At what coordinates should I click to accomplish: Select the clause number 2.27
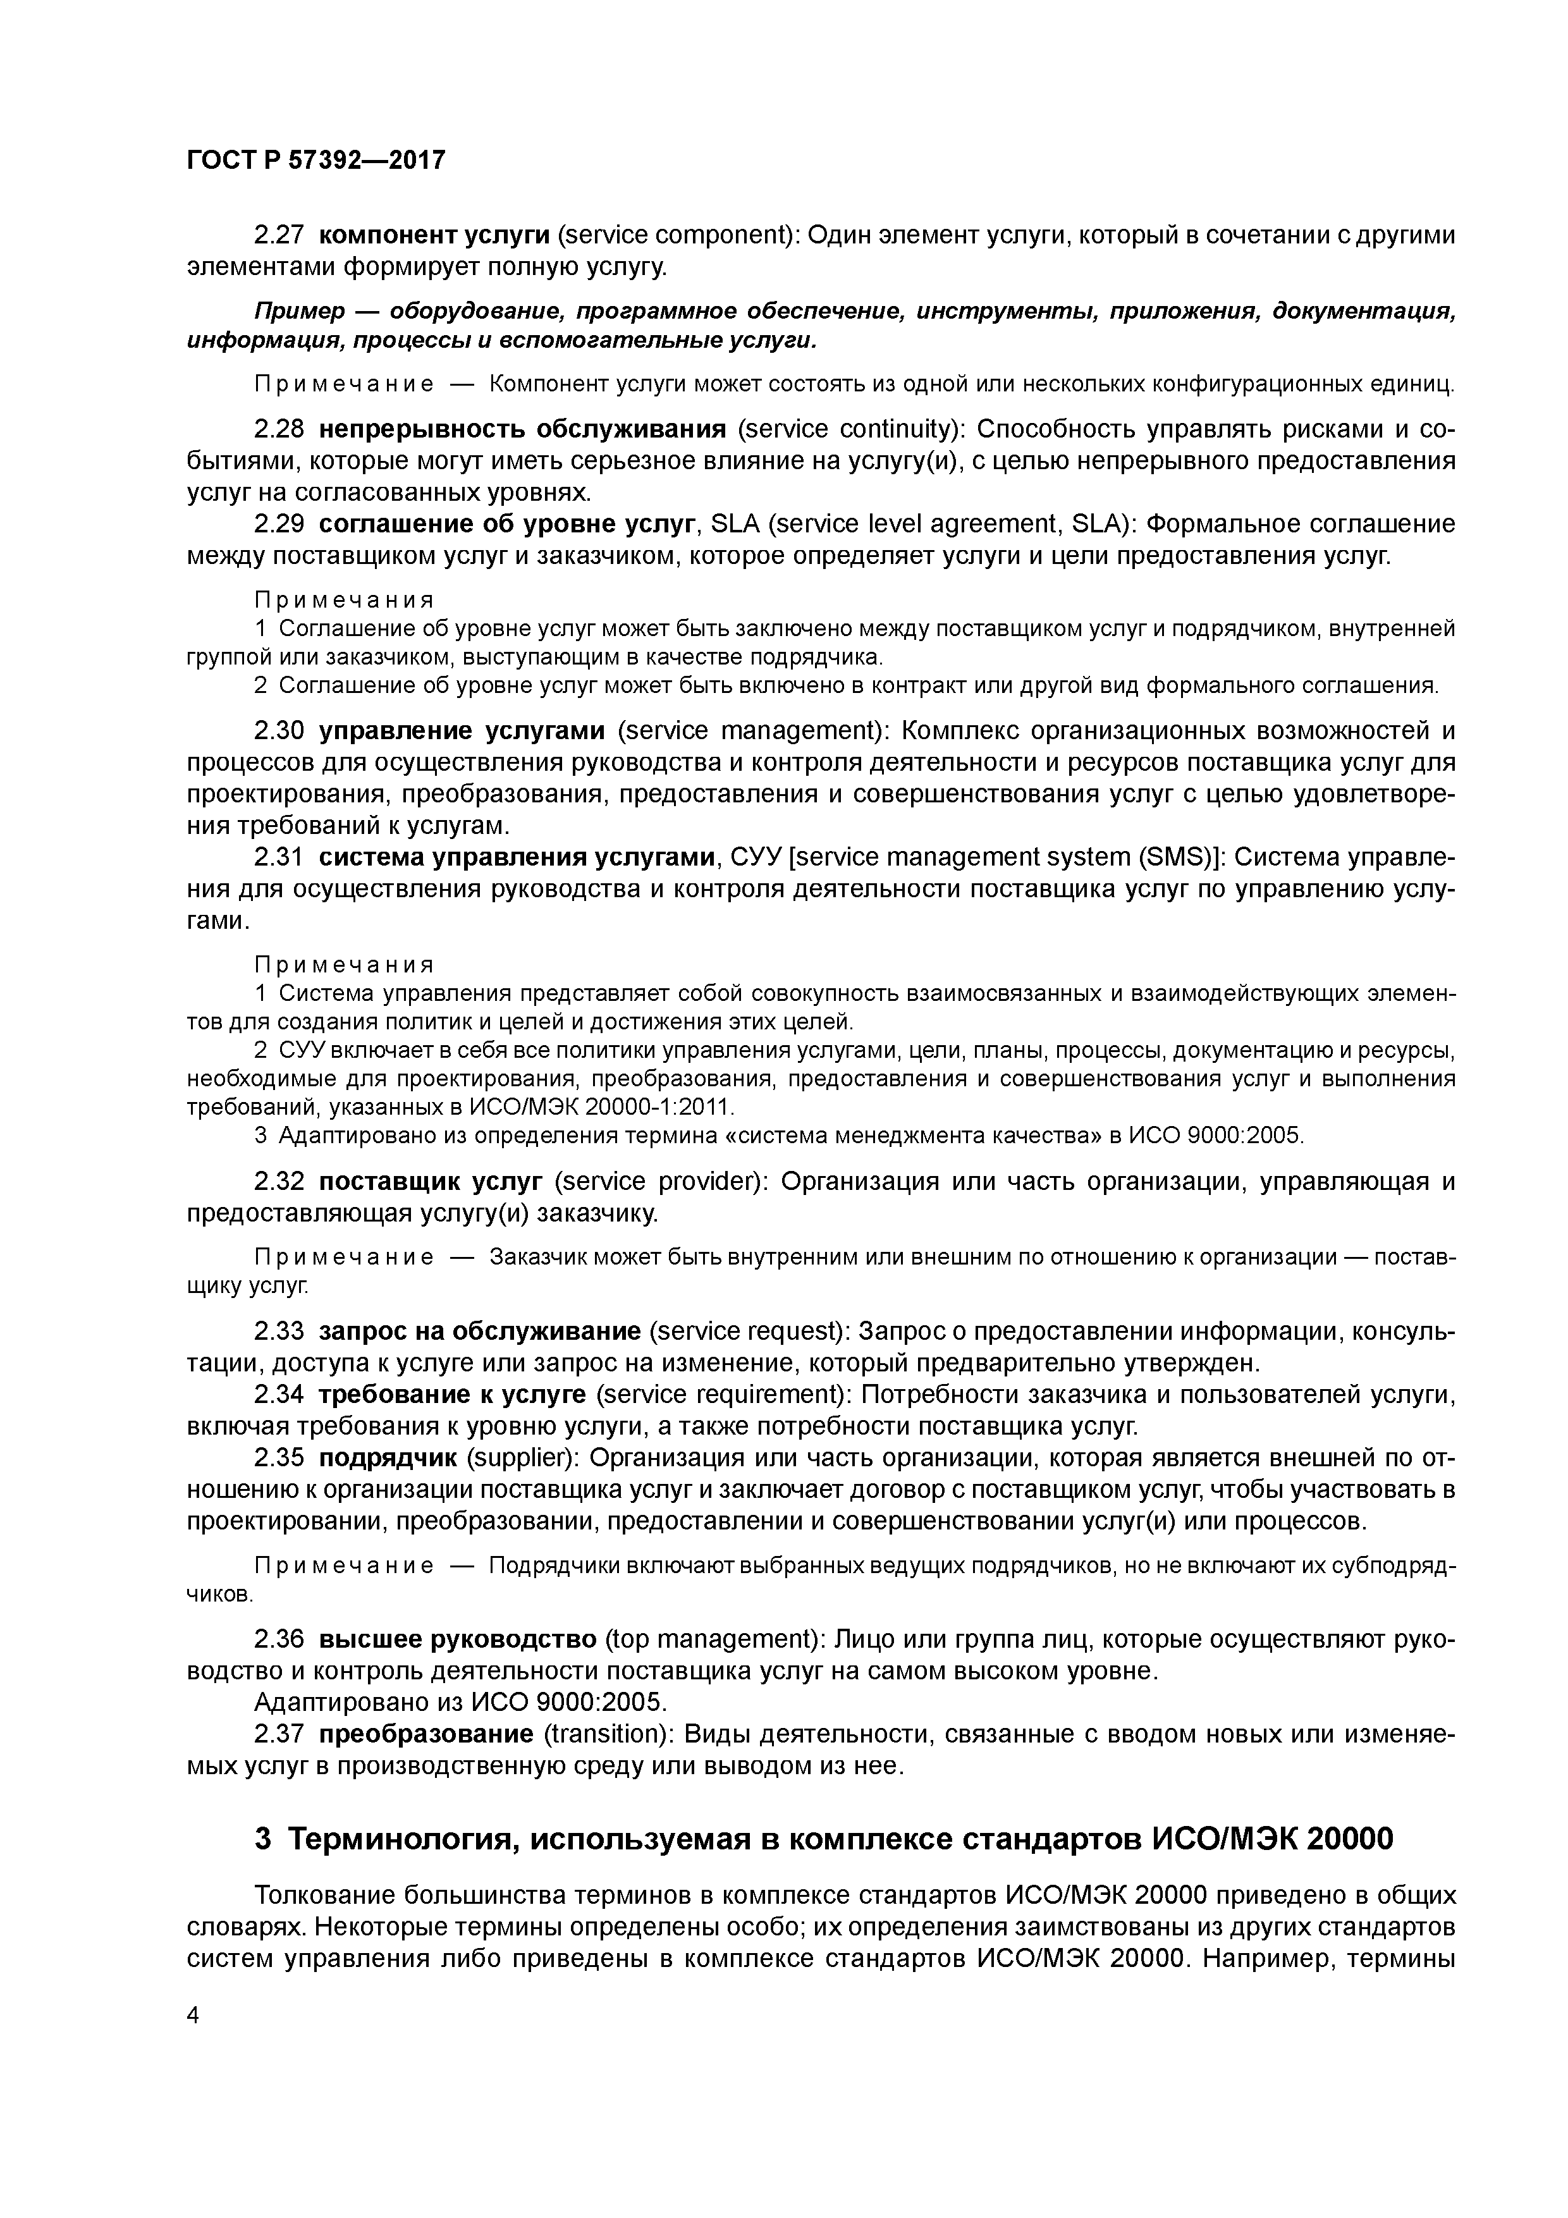pyautogui.click(x=279, y=235)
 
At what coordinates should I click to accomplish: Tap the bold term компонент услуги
pyautogui.click(x=434, y=235)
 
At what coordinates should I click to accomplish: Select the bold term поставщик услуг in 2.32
pyautogui.click(x=432, y=1182)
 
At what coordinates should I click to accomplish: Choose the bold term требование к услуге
pyautogui.click(x=451, y=1395)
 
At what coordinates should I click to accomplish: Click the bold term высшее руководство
pyautogui.click(x=457, y=1639)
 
